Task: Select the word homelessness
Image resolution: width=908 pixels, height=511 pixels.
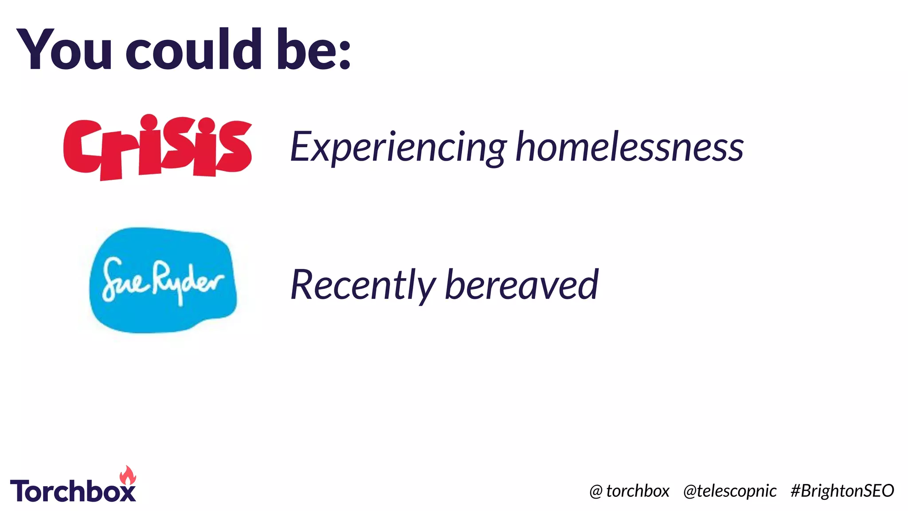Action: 629,146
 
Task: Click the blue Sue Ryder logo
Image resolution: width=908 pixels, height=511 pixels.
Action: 163,280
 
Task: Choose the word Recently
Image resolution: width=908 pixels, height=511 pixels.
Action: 363,285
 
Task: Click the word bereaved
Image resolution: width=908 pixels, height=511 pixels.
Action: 521,285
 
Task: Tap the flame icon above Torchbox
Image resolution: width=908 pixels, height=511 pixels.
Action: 128,476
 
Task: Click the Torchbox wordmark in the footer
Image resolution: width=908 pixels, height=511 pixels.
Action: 73,491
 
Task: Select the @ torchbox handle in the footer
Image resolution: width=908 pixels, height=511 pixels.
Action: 629,491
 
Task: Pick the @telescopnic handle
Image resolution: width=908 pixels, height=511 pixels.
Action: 730,491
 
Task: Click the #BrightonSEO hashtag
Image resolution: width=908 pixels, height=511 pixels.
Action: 842,491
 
